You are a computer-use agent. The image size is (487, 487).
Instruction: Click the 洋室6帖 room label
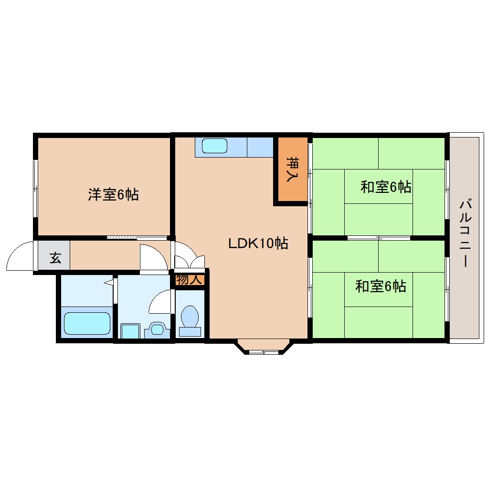click(x=113, y=195)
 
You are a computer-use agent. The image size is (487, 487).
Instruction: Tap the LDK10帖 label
click(x=257, y=243)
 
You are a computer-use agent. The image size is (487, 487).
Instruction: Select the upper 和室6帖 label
click(x=386, y=187)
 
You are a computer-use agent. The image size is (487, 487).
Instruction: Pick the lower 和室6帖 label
click(x=381, y=286)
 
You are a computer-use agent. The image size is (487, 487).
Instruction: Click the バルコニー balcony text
click(x=464, y=234)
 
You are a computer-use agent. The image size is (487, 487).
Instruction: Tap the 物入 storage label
click(x=189, y=280)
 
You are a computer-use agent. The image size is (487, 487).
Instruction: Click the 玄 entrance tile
click(x=55, y=258)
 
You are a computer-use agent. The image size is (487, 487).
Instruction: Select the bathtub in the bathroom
click(x=87, y=323)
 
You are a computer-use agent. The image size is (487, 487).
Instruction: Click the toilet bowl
click(x=190, y=317)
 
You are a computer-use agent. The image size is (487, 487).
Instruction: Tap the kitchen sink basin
click(x=214, y=146)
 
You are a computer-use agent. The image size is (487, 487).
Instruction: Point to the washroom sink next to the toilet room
click(x=157, y=329)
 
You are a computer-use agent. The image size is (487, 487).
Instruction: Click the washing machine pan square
click(x=129, y=330)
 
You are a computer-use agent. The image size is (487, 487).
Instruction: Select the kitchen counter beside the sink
click(x=260, y=147)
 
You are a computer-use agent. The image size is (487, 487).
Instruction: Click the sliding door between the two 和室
click(x=378, y=238)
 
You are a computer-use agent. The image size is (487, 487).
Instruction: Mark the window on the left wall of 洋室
click(x=36, y=188)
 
